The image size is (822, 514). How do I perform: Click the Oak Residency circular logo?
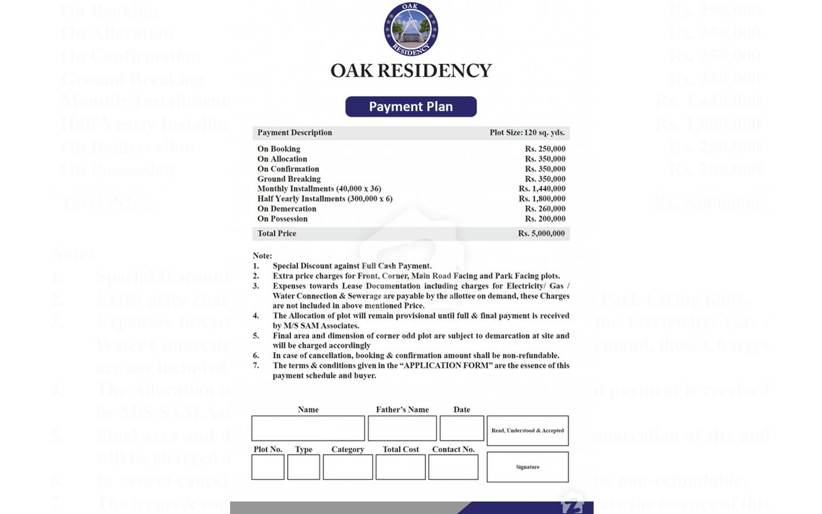tap(411, 29)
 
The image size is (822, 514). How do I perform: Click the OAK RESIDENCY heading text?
tap(411, 71)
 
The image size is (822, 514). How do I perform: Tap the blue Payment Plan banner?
tap(411, 107)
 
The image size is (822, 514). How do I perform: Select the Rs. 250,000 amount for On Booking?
tap(545, 149)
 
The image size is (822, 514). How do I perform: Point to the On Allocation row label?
tap(282, 159)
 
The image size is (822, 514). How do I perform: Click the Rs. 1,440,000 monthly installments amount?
tap(542, 189)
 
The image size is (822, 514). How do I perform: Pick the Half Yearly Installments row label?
tap(325, 199)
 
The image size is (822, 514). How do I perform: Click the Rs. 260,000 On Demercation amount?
tap(545, 209)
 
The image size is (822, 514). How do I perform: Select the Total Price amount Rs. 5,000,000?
tap(541, 234)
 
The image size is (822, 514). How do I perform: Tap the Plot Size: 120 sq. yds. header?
tap(527, 132)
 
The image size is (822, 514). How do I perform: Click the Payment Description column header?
tap(295, 132)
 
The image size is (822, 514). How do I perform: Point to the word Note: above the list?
tap(263, 256)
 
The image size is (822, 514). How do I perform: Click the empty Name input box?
tap(308, 428)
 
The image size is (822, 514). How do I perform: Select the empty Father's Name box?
tap(402, 428)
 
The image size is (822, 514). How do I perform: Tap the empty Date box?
tap(462, 428)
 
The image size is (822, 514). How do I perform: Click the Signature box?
tap(527, 467)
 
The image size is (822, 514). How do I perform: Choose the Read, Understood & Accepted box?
tap(527, 431)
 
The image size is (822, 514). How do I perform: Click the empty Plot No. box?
tap(268, 468)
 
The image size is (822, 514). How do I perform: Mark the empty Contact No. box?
tap(453, 468)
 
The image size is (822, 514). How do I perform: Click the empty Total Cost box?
tap(401, 468)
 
